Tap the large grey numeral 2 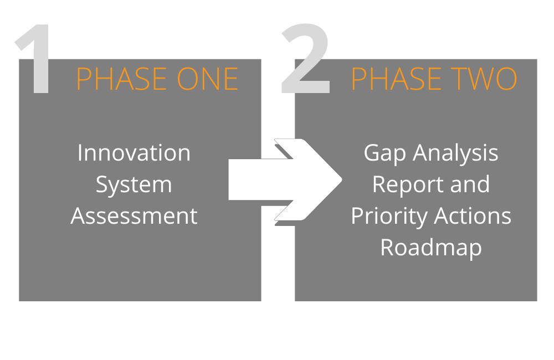pyautogui.click(x=306, y=58)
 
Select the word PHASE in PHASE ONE pyautogui.click(x=121, y=79)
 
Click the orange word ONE pyautogui.click(x=207, y=79)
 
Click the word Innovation pyautogui.click(x=134, y=153)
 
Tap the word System pyautogui.click(x=134, y=185)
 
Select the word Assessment pyautogui.click(x=134, y=216)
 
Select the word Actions pyautogui.click(x=473, y=216)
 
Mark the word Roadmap pyautogui.click(x=431, y=248)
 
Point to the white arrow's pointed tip pyautogui.click(x=342, y=180)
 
